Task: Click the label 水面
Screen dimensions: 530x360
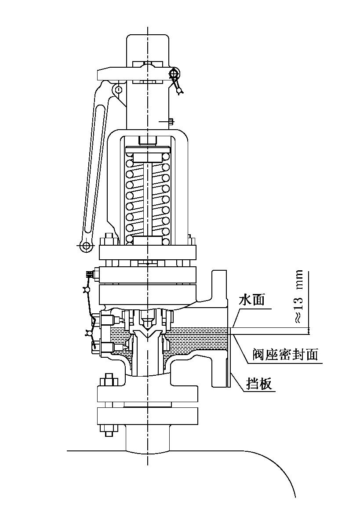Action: (251, 300)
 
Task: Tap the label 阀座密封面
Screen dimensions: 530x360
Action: (285, 354)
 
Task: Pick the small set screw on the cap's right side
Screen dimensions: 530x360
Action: (170, 121)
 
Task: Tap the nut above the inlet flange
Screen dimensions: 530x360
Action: (109, 381)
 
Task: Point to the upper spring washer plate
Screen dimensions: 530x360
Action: (147, 156)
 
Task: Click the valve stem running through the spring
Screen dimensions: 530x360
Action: (147, 198)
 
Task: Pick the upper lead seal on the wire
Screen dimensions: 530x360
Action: (87, 290)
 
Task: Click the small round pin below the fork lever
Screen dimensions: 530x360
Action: (118, 90)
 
